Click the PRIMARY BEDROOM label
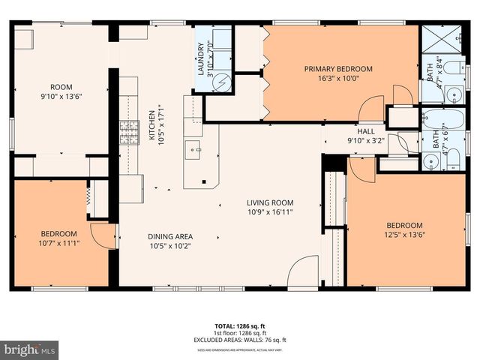pyautogui.click(x=337, y=69)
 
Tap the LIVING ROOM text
pyautogui.click(x=270, y=202)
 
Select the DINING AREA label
pyautogui.click(x=170, y=236)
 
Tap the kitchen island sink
pyautogui.click(x=197, y=149)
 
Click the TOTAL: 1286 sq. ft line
pyautogui.click(x=239, y=326)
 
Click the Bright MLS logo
pyautogui.click(x=30, y=349)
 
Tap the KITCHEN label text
pyautogui.click(x=151, y=124)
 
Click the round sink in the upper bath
pyautogui.click(x=454, y=94)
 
